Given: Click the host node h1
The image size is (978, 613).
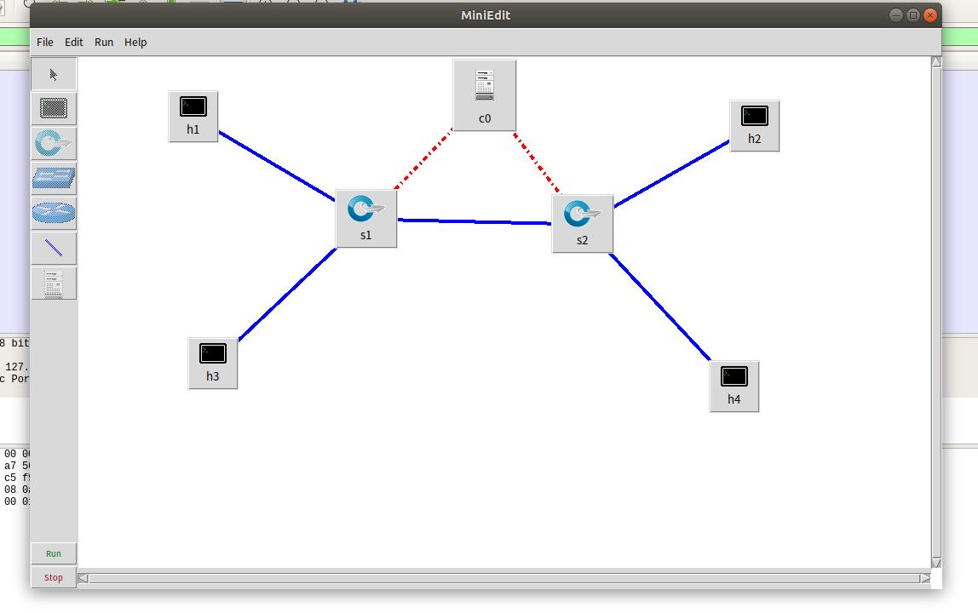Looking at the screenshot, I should tap(193, 116).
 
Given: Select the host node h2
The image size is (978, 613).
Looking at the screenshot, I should tap(754, 125).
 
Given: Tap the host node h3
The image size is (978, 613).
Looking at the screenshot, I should tap(212, 363).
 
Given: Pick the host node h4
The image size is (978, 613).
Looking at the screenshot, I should tap(733, 386).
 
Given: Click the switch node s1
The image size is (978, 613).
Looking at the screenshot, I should tap(366, 218).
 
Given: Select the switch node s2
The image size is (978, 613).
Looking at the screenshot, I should tap(582, 223).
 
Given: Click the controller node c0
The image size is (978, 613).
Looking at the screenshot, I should tap(485, 95).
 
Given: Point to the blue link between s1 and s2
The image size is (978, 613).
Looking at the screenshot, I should tap(475, 222).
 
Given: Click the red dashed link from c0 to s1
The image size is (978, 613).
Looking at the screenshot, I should tap(424, 158).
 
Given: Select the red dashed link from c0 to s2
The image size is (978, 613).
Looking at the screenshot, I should tap(536, 162).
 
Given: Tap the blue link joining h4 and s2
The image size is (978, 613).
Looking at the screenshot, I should tap(660, 306).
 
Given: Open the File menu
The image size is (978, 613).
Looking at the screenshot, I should tap(45, 43).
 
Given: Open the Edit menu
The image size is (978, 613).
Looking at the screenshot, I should tap(74, 43).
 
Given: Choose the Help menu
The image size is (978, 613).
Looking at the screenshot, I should tap(135, 43).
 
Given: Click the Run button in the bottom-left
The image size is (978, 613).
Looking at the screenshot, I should tap(54, 553).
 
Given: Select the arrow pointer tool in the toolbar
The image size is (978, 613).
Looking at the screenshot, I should tap(54, 74).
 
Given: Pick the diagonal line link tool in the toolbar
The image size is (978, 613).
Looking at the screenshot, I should tap(54, 249).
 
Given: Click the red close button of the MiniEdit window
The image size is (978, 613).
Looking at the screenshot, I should tap(930, 15).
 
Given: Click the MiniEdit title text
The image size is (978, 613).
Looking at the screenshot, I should tap(486, 15).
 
